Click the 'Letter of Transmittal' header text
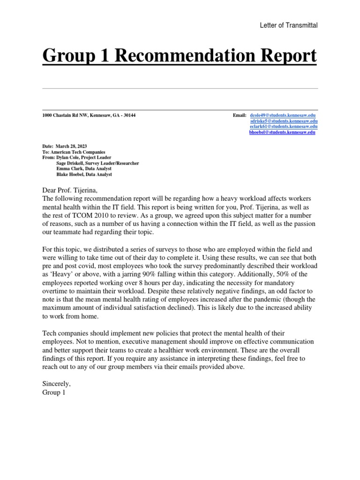(x=289, y=25)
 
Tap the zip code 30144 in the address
(x=129, y=115)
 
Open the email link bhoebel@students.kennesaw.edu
(x=282, y=133)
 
